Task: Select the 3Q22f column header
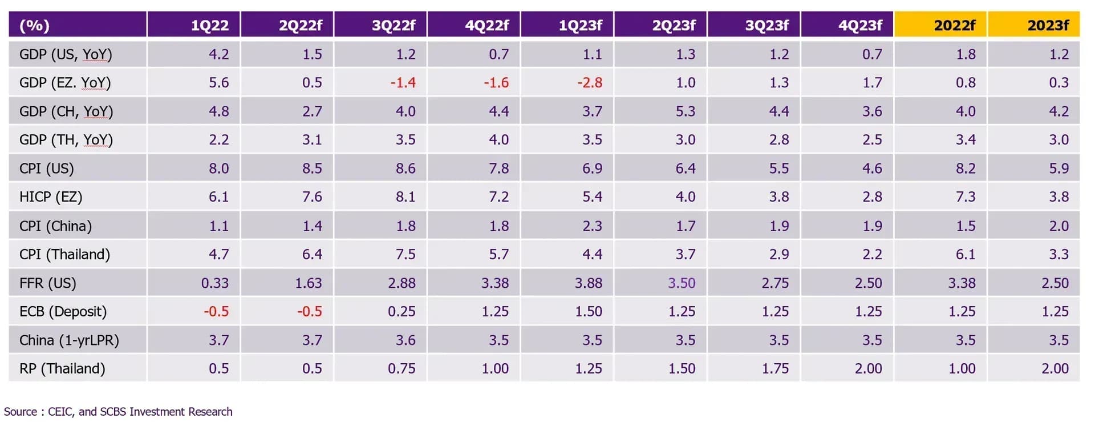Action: click(x=394, y=25)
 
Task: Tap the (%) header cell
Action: click(x=34, y=26)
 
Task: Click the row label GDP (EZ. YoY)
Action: click(x=65, y=83)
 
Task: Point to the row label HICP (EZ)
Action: click(x=51, y=197)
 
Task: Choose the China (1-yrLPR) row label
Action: click(x=69, y=340)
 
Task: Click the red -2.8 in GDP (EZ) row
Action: click(x=590, y=83)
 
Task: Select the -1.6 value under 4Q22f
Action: click(x=496, y=83)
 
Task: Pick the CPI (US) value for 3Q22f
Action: click(x=405, y=168)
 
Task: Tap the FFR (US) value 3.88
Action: click(x=589, y=283)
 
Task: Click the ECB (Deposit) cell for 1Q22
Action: click(x=216, y=311)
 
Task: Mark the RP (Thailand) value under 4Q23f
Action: click(x=869, y=368)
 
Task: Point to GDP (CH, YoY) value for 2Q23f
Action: click(x=686, y=111)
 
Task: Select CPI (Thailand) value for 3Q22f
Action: click(x=405, y=254)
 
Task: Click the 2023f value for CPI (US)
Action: click(x=1059, y=168)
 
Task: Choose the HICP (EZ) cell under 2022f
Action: click(x=966, y=197)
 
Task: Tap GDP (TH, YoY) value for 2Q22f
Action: click(x=312, y=140)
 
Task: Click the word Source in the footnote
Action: click(x=21, y=412)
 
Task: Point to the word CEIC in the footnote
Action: click(x=61, y=412)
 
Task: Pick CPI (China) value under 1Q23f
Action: click(x=592, y=226)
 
